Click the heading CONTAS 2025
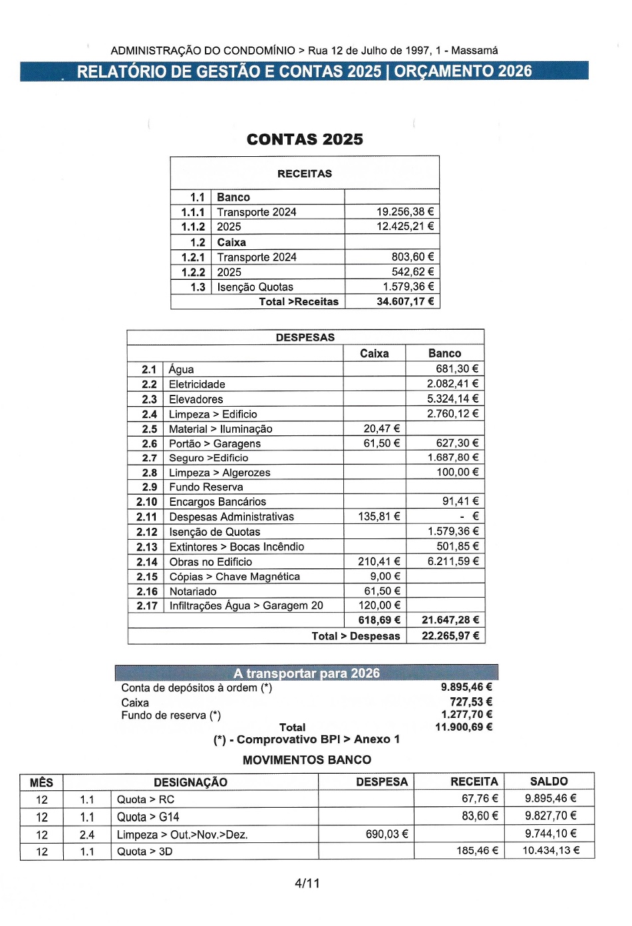pyautogui.click(x=305, y=140)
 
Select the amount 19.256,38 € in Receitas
pyautogui.click(x=404, y=212)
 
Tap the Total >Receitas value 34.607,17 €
pyautogui.click(x=404, y=302)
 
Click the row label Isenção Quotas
pyautogui.click(x=255, y=287)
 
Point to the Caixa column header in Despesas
pyautogui.click(x=374, y=354)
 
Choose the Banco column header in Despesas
pyautogui.click(x=444, y=354)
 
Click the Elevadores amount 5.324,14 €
pyautogui.click(x=452, y=399)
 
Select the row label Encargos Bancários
pyautogui.click(x=218, y=502)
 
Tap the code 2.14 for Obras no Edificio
pyautogui.click(x=147, y=562)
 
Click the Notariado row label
pyautogui.click(x=193, y=592)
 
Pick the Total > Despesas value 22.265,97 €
pyautogui.click(x=450, y=636)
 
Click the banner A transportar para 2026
pyautogui.click(x=306, y=673)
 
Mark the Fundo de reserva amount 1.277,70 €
pyautogui.click(x=466, y=715)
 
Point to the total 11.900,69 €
pyautogui.click(x=464, y=727)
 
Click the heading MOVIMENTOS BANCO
pyautogui.click(x=307, y=760)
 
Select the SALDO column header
pyautogui.click(x=549, y=782)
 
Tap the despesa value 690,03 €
pyautogui.click(x=387, y=834)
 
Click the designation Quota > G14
pyautogui.click(x=148, y=817)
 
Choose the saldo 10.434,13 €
pyautogui.click(x=551, y=851)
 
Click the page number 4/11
pyautogui.click(x=307, y=883)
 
